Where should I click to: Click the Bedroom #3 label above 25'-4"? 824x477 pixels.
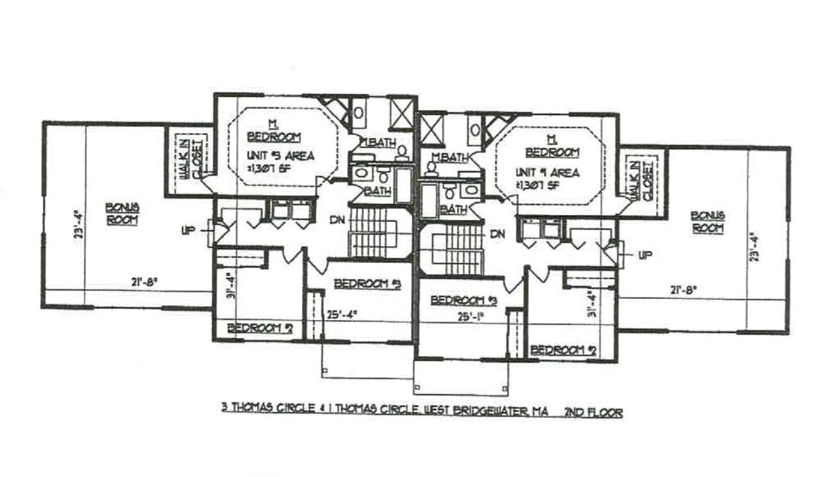367,283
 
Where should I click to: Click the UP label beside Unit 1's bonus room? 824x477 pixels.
645,255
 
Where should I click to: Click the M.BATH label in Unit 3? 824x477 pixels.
375,142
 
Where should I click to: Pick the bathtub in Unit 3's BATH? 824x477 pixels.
403,185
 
